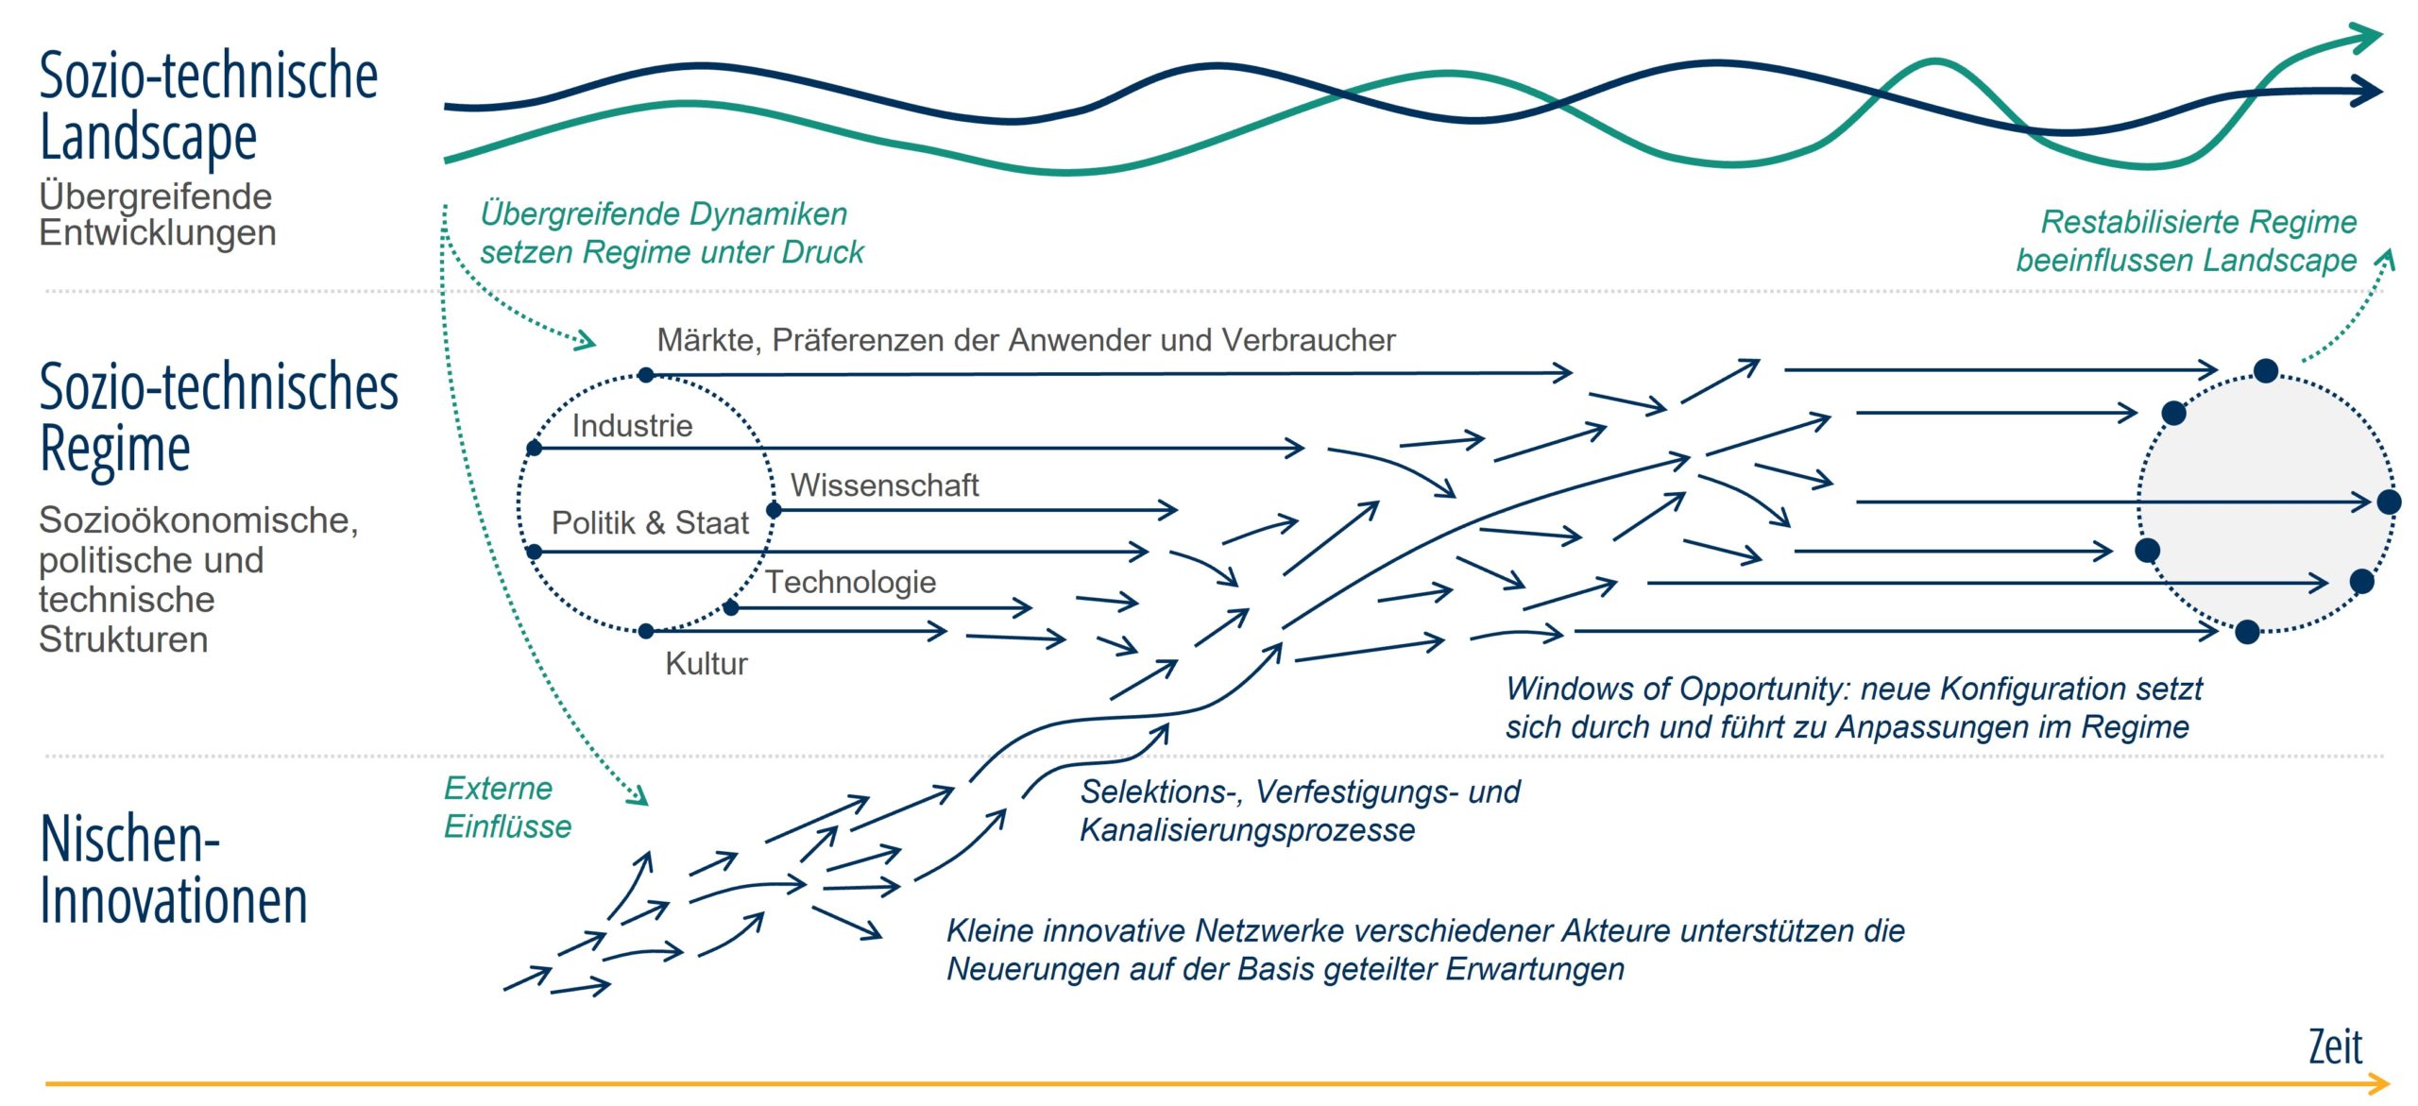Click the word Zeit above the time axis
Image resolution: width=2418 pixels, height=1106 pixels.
click(2335, 1046)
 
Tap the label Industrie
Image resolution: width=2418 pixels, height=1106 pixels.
click(632, 426)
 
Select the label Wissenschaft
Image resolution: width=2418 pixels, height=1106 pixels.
click(884, 485)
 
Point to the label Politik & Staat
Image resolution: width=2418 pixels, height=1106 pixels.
click(650, 522)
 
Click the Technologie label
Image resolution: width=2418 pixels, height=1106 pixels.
click(850, 582)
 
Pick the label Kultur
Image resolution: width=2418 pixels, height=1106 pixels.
click(707, 663)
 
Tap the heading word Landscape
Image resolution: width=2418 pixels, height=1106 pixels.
click(148, 138)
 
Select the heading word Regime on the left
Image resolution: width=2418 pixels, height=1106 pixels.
click(115, 450)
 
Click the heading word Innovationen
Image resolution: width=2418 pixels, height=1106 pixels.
click(174, 900)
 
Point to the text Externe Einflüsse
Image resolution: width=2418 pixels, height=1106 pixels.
click(508, 808)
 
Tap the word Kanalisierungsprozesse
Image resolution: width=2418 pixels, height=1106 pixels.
click(1247, 830)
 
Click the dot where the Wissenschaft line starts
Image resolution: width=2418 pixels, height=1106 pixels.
click(774, 510)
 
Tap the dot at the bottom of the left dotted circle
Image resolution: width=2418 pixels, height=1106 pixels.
click(646, 631)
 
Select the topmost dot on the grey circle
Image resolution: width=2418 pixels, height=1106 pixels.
click(2266, 370)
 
